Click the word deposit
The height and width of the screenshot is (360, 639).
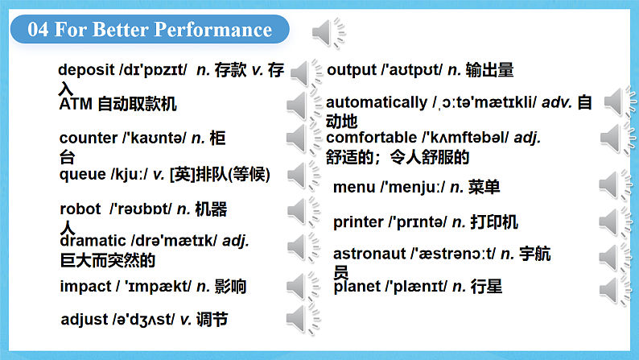click(x=86, y=70)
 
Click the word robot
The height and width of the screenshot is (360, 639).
click(x=80, y=209)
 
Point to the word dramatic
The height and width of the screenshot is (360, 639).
click(x=93, y=241)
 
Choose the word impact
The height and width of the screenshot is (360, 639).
click(x=85, y=287)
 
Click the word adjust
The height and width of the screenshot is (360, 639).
click(x=85, y=319)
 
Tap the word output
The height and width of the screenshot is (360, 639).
click(x=352, y=70)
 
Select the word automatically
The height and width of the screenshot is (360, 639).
click(x=377, y=102)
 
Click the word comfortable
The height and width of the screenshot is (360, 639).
click(x=372, y=138)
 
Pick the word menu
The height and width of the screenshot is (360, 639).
click(x=354, y=187)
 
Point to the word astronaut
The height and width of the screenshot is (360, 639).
click(x=369, y=254)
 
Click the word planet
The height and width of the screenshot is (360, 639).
click(x=357, y=287)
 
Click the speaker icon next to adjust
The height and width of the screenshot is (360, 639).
click(x=303, y=320)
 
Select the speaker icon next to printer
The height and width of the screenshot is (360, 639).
click(x=616, y=222)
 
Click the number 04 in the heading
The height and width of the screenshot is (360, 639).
click(x=38, y=29)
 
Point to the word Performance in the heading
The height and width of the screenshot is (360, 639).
click(x=213, y=29)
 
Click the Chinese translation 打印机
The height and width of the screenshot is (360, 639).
click(x=494, y=222)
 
